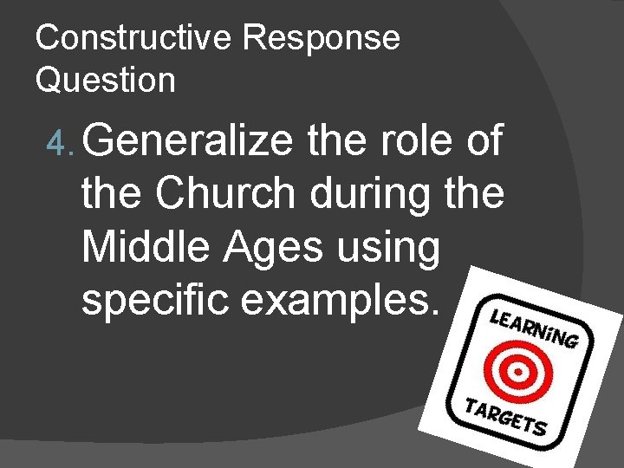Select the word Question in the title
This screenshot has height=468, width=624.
(106, 81)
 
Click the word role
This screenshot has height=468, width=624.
(404, 140)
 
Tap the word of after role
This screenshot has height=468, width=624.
(478, 140)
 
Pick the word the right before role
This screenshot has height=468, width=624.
(335, 140)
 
